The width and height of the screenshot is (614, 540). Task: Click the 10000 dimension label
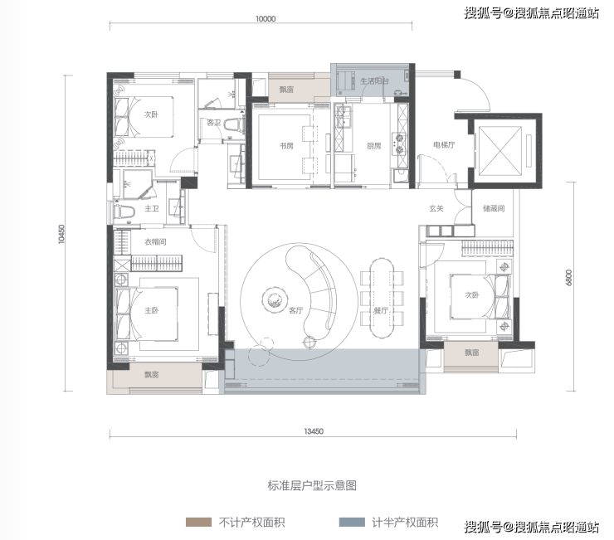[x=266, y=19]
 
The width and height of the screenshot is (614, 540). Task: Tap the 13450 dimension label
[x=314, y=431]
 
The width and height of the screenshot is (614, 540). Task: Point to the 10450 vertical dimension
[x=61, y=234]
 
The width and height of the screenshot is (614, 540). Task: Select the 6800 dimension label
[x=568, y=277]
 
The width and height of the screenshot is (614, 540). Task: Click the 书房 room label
[x=286, y=146]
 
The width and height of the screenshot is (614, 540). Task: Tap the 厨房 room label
[x=373, y=146]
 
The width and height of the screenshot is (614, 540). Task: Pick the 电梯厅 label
[x=444, y=145]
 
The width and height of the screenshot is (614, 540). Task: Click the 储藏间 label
[x=494, y=208]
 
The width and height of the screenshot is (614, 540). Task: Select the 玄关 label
[x=436, y=208]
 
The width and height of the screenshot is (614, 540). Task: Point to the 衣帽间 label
[x=155, y=242]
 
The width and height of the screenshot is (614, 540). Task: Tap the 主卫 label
[x=152, y=208]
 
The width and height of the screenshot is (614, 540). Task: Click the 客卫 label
[x=214, y=123]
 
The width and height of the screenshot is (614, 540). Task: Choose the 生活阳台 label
[x=374, y=81]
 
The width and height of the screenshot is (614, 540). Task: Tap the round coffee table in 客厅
[x=273, y=299]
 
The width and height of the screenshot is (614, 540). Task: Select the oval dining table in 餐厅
[x=382, y=297]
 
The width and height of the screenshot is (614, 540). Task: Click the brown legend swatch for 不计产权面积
[x=198, y=522]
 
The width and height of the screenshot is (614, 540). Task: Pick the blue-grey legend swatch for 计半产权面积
[x=352, y=522]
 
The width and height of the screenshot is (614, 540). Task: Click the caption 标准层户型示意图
[x=312, y=486]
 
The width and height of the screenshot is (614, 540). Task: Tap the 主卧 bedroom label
[x=152, y=310]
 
